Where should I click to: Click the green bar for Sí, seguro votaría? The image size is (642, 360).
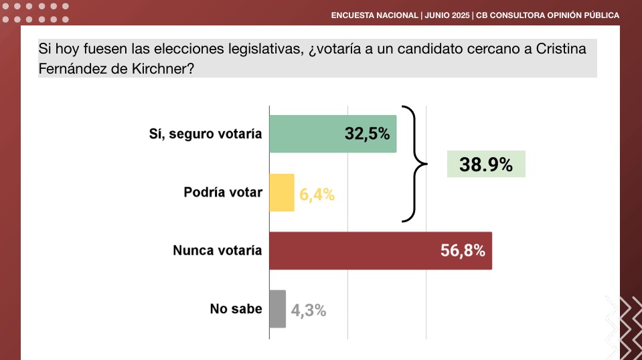(333, 134)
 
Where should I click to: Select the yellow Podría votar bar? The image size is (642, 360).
(282, 193)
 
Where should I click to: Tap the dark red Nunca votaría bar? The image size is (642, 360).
(381, 251)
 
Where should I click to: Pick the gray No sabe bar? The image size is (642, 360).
(278, 309)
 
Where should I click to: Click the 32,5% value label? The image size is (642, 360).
(367, 134)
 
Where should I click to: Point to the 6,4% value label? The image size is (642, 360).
(317, 195)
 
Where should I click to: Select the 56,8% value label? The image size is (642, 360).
(463, 250)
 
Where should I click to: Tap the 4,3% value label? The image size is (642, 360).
(309, 310)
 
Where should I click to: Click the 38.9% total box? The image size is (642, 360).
(486, 164)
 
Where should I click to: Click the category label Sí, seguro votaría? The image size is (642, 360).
(205, 134)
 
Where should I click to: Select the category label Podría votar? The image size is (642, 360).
(223, 192)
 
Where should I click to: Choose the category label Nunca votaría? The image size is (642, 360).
(217, 250)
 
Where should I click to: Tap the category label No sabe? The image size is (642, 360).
(236, 308)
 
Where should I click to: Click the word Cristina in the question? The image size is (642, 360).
(561, 49)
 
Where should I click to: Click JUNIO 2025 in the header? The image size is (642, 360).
(447, 15)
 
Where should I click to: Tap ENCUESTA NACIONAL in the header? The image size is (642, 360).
(375, 15)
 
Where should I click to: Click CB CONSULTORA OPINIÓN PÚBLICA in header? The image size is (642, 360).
(548, 15)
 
